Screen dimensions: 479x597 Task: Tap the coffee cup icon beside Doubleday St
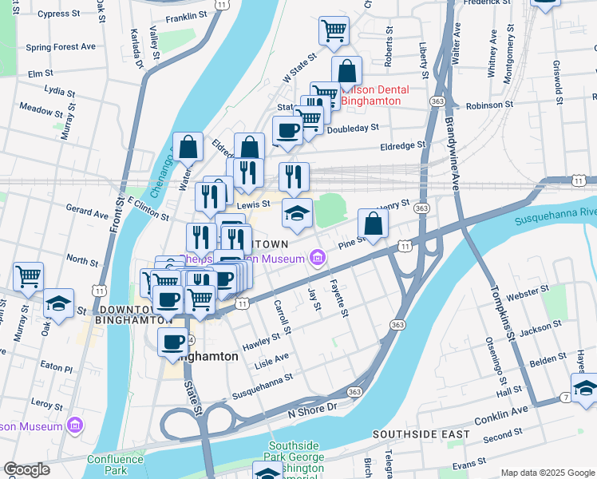pos(287,131)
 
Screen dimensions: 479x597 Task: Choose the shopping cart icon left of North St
pos(28,277)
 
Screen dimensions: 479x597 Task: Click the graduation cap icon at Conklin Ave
pos(585,388)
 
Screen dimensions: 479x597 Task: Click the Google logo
pos(26,469)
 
